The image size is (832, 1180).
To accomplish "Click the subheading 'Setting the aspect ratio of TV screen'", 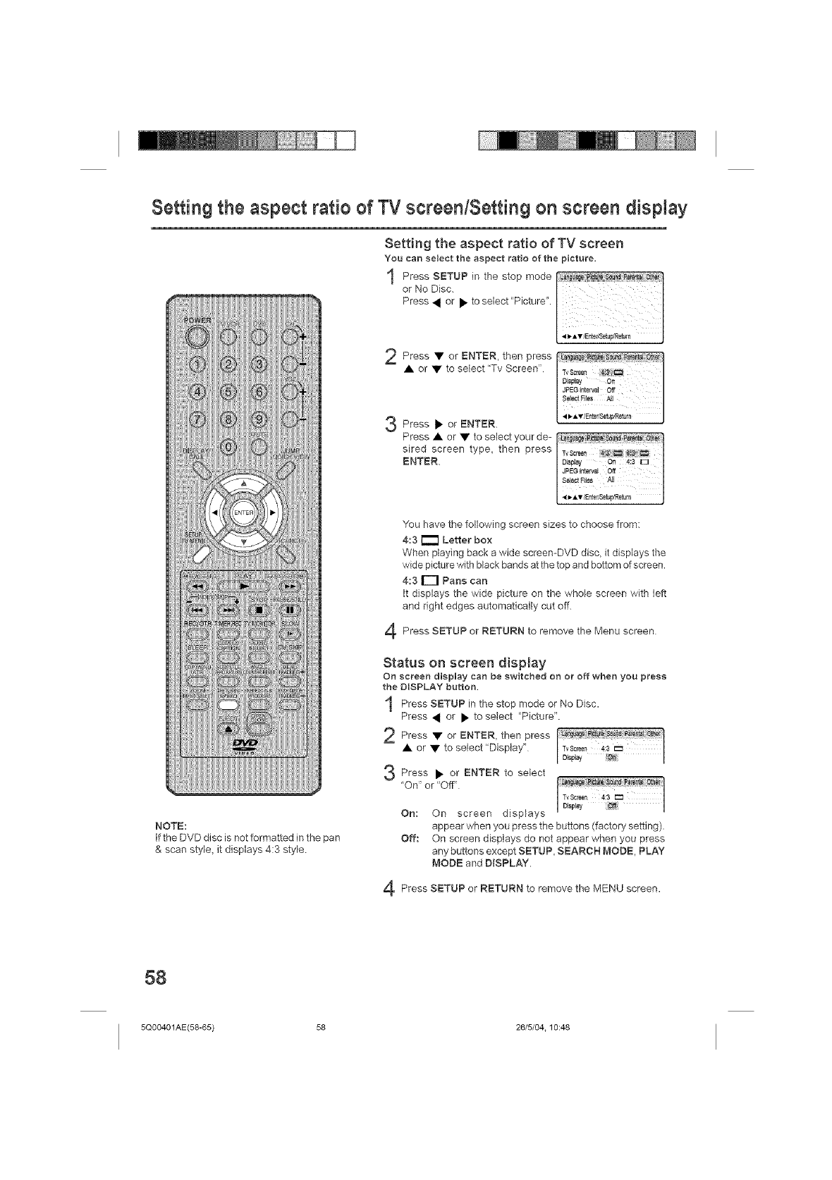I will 503,245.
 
